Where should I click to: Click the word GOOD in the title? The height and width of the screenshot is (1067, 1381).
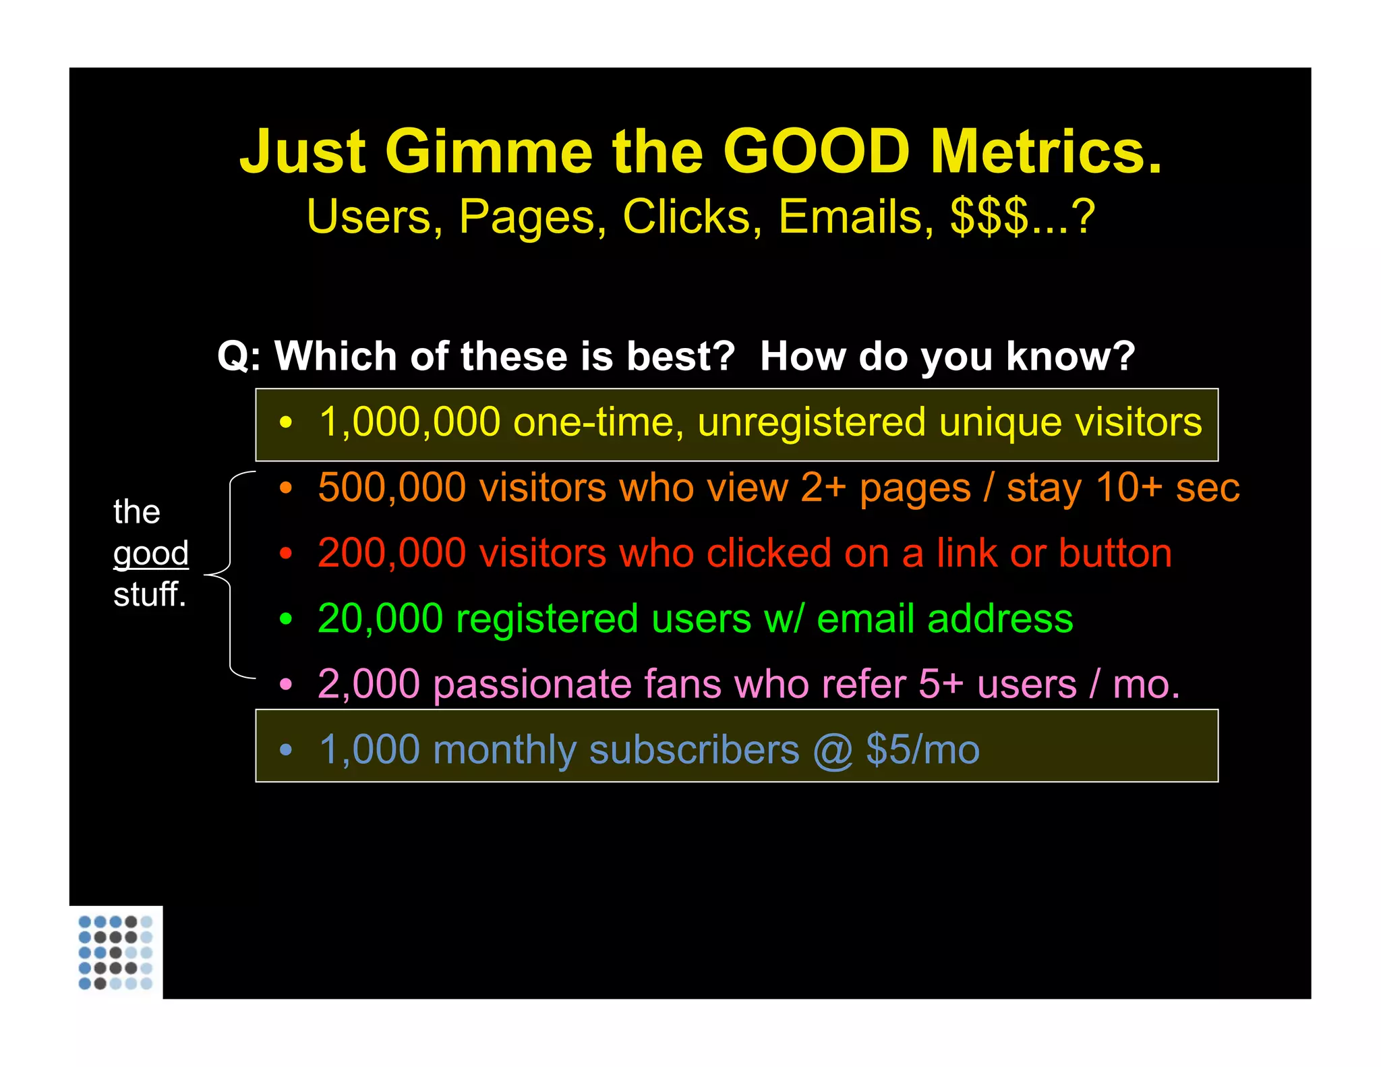tap(817, 152)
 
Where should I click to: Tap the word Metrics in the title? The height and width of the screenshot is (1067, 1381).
tap(1046, 152)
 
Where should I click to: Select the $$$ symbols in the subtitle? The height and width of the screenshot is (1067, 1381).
tap(989, 217)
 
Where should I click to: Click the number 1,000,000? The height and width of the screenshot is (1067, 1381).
tap(410, 423)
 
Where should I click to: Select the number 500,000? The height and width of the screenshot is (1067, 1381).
tap(392, 488)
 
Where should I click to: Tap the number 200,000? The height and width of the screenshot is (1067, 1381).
tap(392, 553)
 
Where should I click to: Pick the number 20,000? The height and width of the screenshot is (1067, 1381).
tap(380, 618)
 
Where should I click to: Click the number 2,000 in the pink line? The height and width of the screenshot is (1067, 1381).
tap(369, 684)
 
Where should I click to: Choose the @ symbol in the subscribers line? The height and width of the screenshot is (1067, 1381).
tap(833, 750)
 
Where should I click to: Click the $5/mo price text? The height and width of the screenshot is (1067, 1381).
tap(922, 749)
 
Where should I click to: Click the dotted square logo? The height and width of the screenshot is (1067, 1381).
tap(115, 952)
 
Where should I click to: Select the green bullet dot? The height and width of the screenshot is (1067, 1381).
tap(286, 618)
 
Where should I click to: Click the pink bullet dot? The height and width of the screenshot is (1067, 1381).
tap(286, 685)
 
